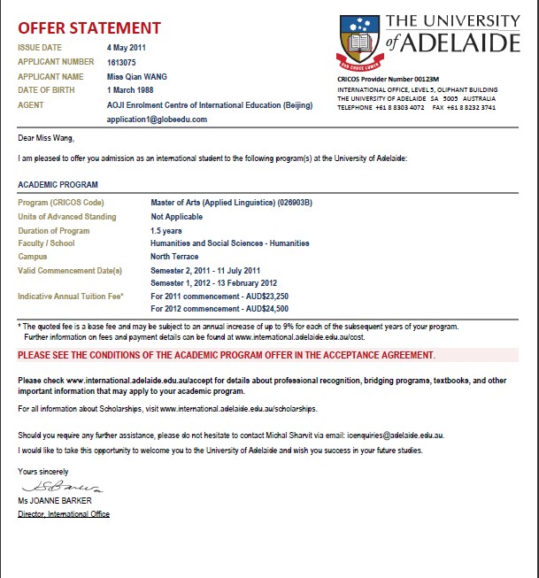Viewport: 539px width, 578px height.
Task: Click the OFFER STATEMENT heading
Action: click(x=89, y=28)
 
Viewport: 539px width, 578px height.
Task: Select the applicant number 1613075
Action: click(x=123, y=62)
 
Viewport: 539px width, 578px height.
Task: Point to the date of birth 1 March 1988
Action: click(x=135, y=89)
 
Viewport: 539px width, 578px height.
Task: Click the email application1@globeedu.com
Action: click(x=156, y=119)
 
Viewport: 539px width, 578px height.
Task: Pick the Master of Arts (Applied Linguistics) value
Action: click(x=231, y=204)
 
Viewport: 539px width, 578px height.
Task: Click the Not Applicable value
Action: click(x=177, y=217)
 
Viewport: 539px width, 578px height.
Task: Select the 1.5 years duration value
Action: click(x=167, y=230)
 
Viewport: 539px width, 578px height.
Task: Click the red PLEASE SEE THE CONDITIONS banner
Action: click(x=227, y=355)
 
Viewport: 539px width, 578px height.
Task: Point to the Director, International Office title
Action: click(x=64, y=513)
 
